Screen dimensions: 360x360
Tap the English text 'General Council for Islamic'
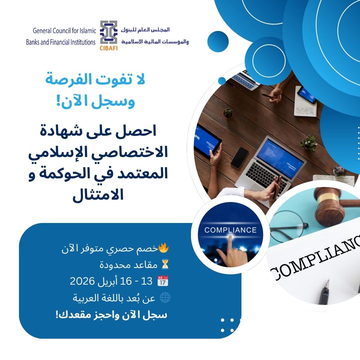(64, 31)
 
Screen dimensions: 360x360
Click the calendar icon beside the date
(162, 281)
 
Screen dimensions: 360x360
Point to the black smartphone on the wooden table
(239, 157)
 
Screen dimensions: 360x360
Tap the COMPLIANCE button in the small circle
(230, 230)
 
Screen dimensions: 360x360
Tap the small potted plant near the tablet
(228, 113)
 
